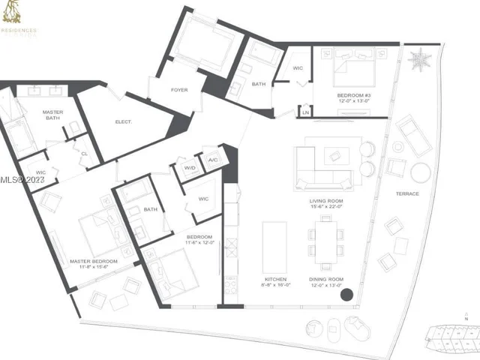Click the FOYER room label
pyautogui.click(x=179, y=90)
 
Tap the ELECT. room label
pyautogui.click(x=124, y=121)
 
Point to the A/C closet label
pyautogui.click(x=212, y=159)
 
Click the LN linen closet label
pyautogui.click(x=305, y=112)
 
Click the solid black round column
pyautogui.click(x=346, y=295)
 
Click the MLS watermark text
pyautogui.click(x=22, y=180)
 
